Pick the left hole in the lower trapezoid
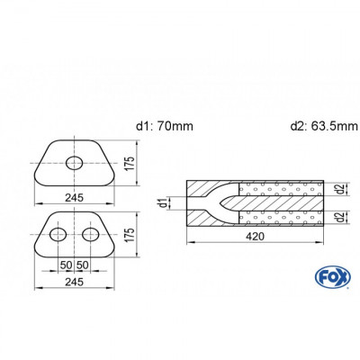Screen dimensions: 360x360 click(58, 235)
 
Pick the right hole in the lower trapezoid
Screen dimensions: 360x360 click(91, 235)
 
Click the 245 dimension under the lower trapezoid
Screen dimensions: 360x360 click(74, 280)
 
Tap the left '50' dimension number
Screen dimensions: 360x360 click(66, 265)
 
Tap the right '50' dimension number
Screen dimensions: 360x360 click(83, 265)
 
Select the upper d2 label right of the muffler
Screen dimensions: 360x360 click(336, 189)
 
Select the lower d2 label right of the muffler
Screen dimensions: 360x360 click(336, 217)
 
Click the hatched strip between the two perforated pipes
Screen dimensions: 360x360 click(279, 203)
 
